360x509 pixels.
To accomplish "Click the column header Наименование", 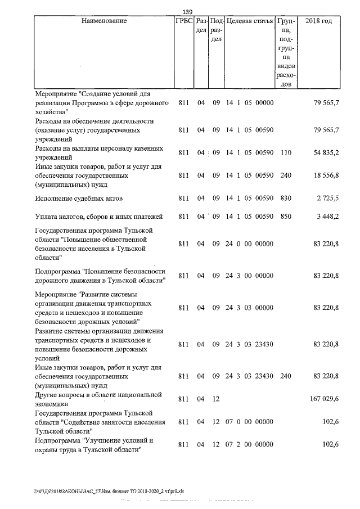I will click(104, 21).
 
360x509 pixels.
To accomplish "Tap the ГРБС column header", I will click(183, 21).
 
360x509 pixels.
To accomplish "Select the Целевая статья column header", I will click(249, 21).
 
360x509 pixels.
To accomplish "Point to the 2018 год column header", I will click(318, 21).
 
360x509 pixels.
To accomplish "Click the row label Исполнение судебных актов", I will click(79, 199).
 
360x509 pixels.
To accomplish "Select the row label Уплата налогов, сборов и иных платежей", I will click(98, 217).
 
